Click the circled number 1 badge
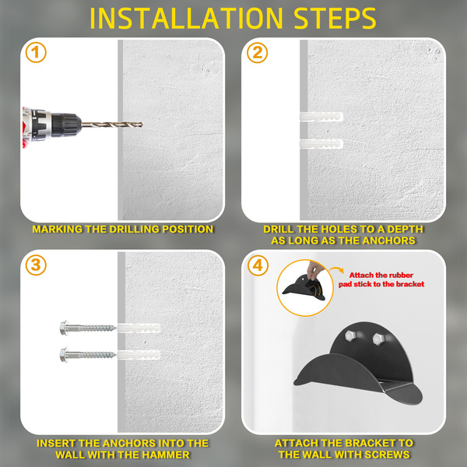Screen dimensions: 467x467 coord(36,52)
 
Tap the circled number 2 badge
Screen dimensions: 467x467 coord(258,53)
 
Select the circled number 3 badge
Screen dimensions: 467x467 coord(36,265)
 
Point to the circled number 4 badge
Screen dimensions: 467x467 coord(258,265)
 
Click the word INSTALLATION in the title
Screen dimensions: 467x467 coord(187,19)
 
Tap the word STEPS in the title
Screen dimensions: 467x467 coord(335,19)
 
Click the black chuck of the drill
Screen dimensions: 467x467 coord(66,125)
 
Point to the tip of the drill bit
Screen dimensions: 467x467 coord(142,125)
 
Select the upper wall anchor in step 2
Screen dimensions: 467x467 coord(321,117)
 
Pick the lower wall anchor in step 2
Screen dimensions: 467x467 coord(321,144)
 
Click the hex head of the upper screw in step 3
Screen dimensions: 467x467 coord(64,328)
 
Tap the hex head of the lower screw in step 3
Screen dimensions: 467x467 coord(64,355)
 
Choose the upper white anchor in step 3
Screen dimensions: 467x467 coord(139,328)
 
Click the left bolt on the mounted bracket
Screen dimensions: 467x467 coord(351,336)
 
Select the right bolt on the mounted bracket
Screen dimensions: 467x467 coord(378,339)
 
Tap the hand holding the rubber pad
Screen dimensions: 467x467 coord(314,270)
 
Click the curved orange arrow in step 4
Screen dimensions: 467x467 coord(336,270)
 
